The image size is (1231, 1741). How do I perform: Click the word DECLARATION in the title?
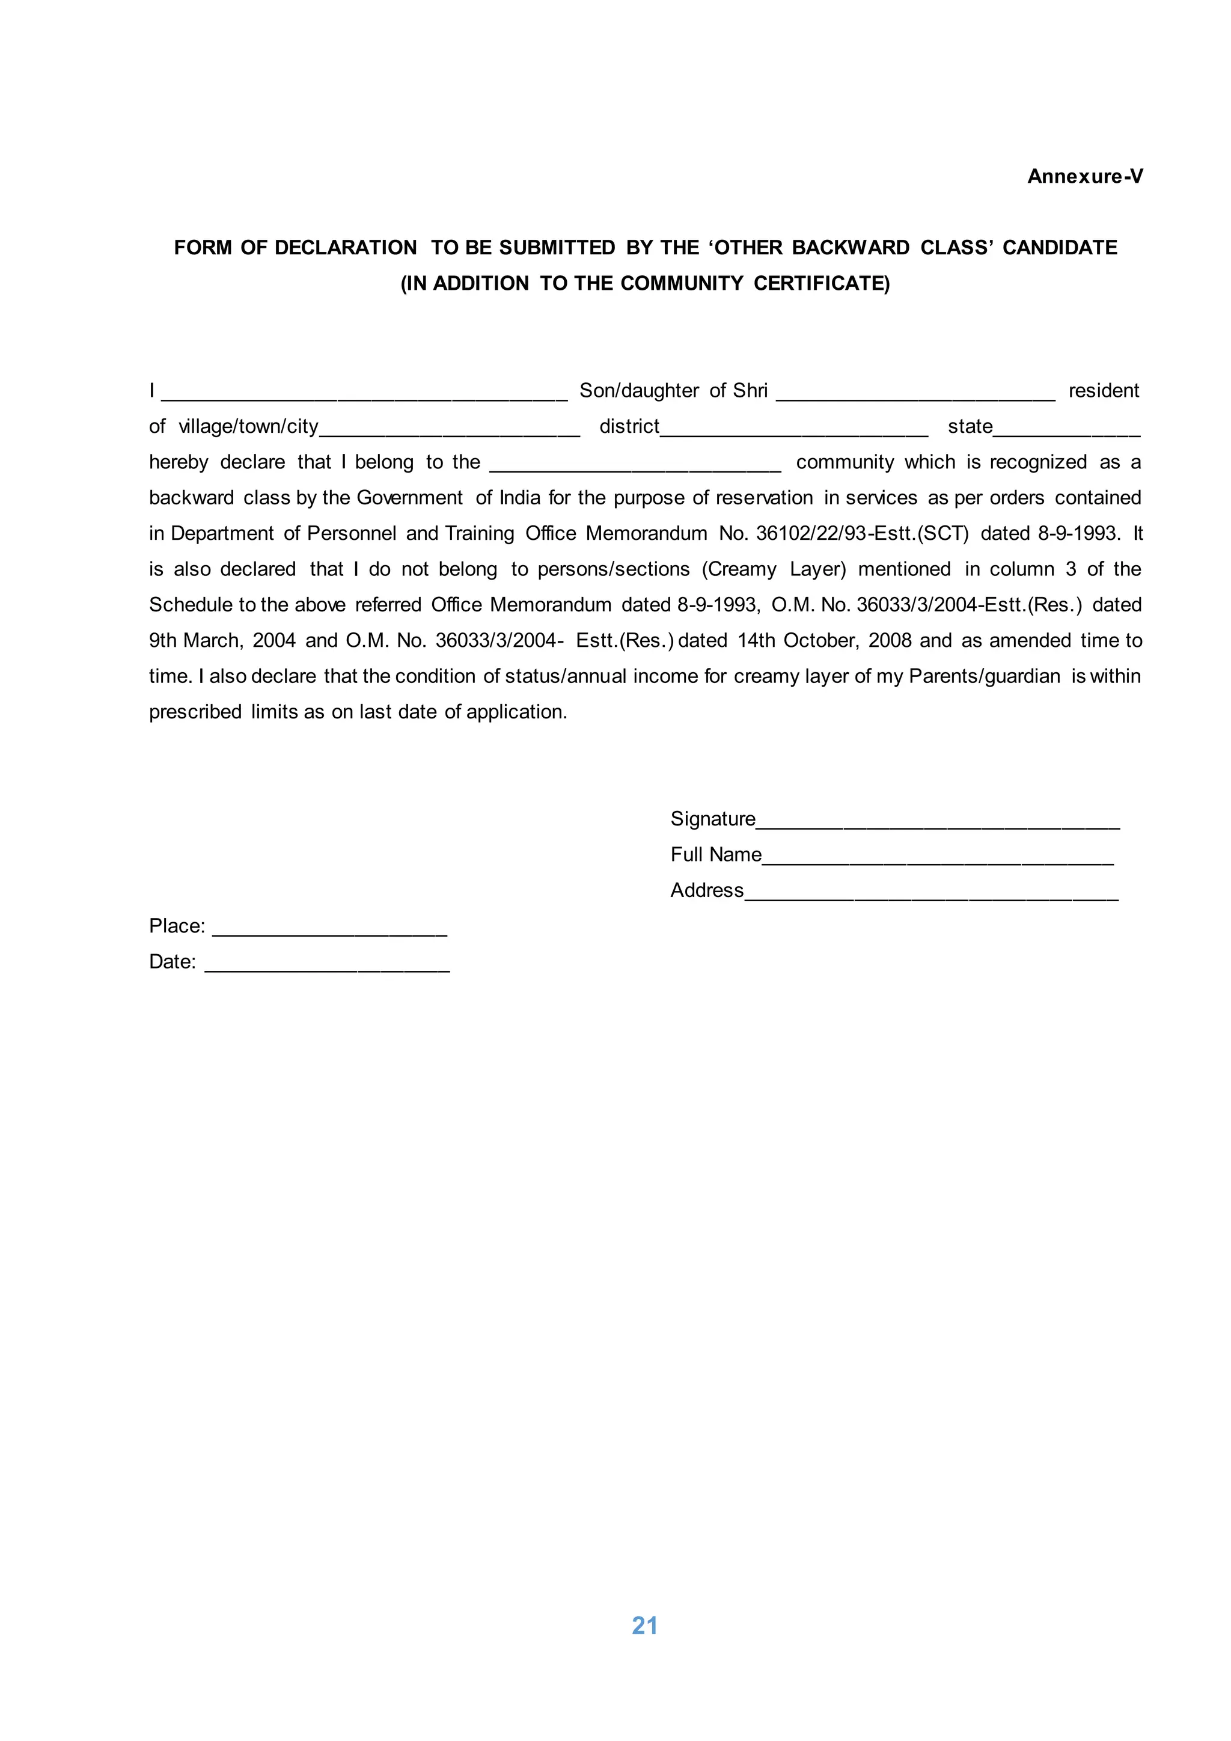click(x=345, y=248)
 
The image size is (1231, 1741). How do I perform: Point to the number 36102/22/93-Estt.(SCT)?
click(x=862, y=534)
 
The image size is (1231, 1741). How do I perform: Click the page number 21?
click(x=644, y=1625)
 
